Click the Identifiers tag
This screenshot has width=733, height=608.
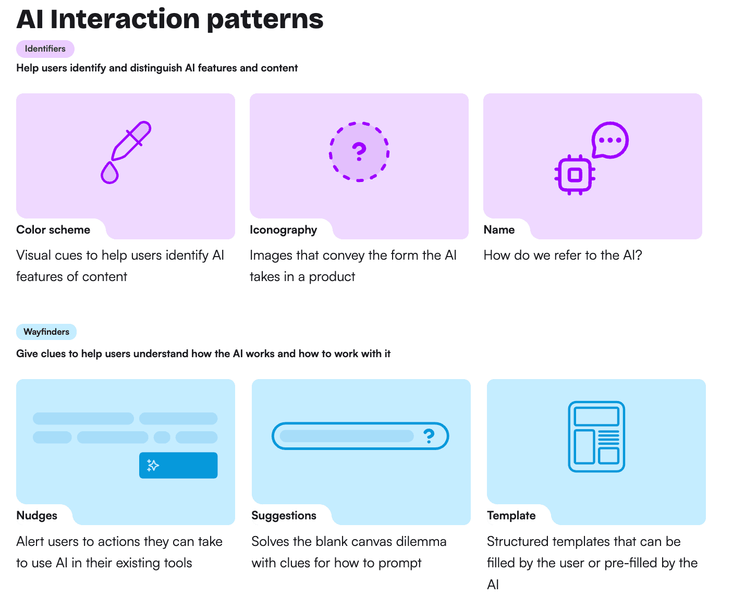pos(45,49)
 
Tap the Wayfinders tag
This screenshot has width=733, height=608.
pos(46,332)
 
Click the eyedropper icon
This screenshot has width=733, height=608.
pos(130,141)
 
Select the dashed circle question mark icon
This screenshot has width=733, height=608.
pos(359,152)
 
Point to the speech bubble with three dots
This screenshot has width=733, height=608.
pos(609,140)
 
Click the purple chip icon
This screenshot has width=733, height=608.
pos(575,175)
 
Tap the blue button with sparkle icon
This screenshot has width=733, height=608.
pos(178,465)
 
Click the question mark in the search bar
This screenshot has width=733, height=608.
pos(429,436)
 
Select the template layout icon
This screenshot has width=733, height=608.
pos(596,436)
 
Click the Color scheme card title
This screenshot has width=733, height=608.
pos(53,230)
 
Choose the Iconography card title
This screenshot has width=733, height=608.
pos(283,230)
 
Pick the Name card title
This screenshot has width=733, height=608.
pos(499,230)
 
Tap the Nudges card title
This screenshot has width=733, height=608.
pos(37,516)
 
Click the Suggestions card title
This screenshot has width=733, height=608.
pos(284,516)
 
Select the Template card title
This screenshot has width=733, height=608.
pos(511,516)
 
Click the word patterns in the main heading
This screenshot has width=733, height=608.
pos(265,20)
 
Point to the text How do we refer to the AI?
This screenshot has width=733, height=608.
pos(563,256)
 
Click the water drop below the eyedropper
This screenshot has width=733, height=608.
pos(109,173)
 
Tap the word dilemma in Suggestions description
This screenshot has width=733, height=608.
pos(421,542)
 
